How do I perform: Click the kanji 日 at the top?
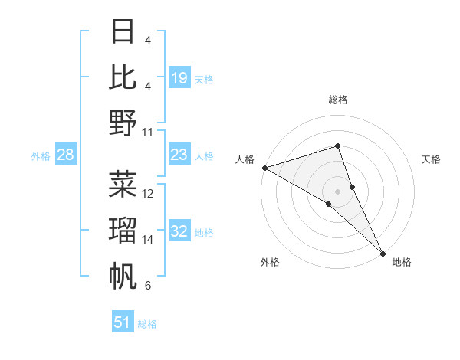point(123,31)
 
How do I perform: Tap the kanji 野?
point(123,122)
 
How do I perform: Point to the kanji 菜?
point(123,184)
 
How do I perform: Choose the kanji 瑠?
point(123,230)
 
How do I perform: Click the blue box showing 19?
point(179,77)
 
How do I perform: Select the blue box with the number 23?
point(179,155)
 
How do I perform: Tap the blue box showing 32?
point(179,232)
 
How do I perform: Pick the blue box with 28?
point(66,155)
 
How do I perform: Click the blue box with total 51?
point(123,322)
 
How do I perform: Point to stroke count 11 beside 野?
point(148,132)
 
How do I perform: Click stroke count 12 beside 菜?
point(148,194)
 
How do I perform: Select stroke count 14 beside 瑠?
point(148,240)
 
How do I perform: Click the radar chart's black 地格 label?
point(402,262)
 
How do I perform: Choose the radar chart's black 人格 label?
point(245,159)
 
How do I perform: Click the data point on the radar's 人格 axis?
point(264,168)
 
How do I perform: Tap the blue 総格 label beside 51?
point(147,324)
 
